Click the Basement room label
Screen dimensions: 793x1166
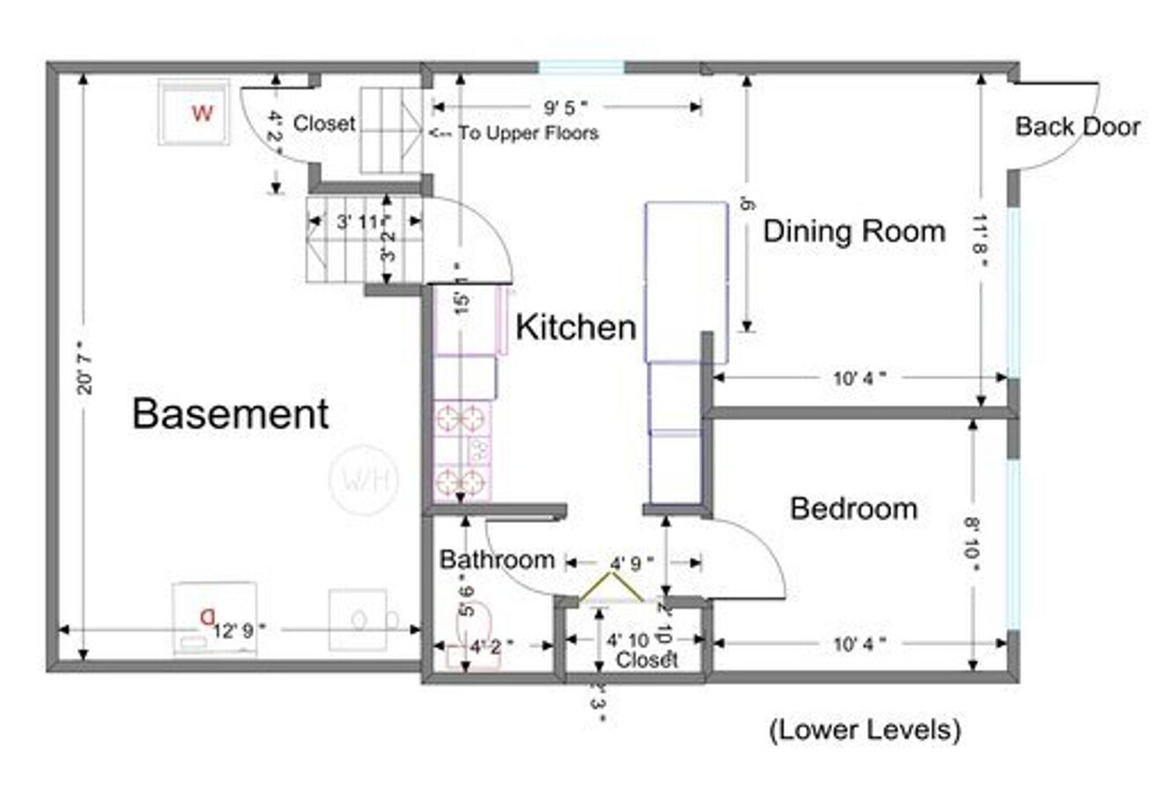click(x=231, y=413)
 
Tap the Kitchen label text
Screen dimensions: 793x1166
click(x=575, y=327)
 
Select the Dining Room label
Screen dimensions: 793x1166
click(x=853, y=232)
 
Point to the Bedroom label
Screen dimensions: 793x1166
click(x=853, y=508)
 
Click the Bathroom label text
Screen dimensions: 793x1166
click(x=497, y=560)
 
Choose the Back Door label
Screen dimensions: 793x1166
click(x=1077, y=127)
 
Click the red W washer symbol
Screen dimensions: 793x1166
click(x=203, y=113)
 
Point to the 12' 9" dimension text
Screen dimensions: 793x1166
click(x=238, y=629)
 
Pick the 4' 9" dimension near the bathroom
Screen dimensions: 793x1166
click(x=631, y=562)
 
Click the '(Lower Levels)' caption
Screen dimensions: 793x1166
click(x=864, y=730)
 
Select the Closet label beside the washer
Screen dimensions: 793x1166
click(x=323, y=124)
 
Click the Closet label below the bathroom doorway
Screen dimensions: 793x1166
click(x=646, y=660)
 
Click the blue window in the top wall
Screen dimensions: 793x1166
click(x=581, y=67)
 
